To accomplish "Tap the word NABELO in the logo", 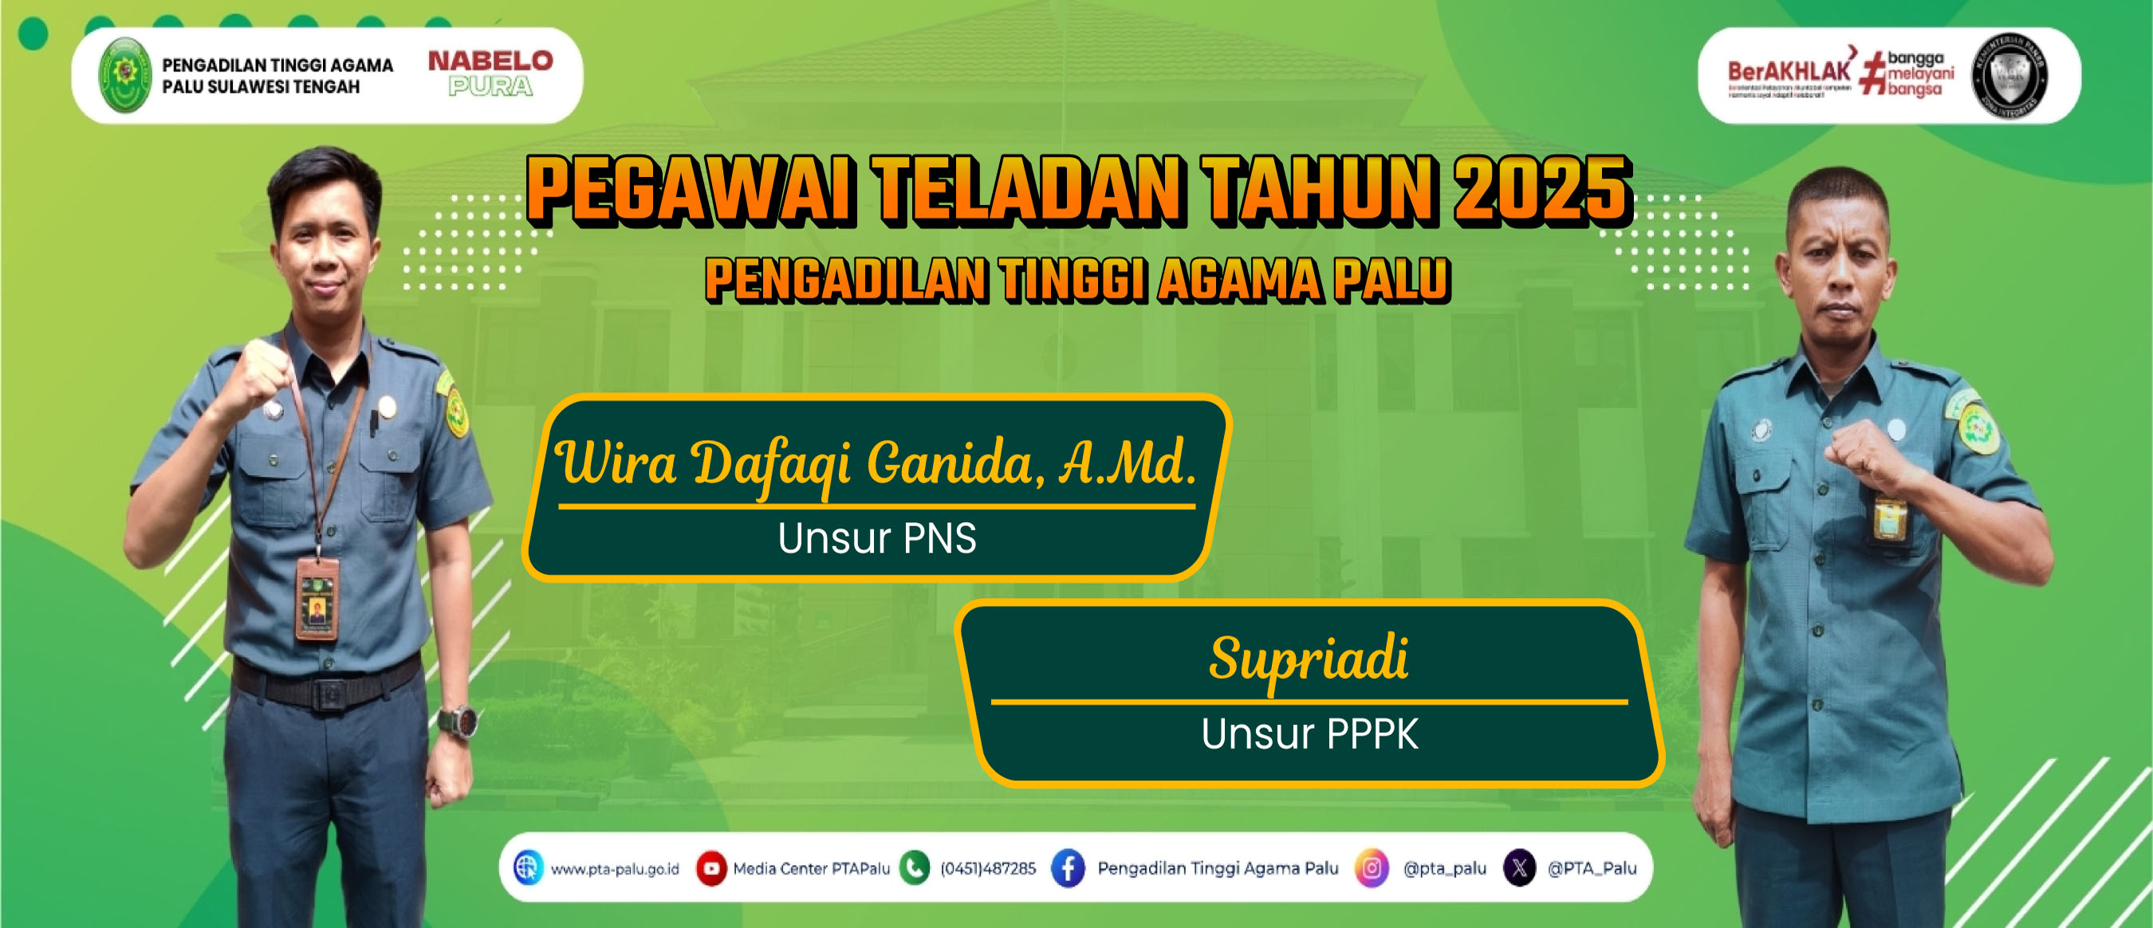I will pyautogui.click(x=490, y=61).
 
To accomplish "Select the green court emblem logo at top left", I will pyautogui.click(x=125, y=75).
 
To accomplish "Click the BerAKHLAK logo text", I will pyautogui.click(x=1789, y=73).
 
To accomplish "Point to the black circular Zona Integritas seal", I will pyautogui.click(x=2009, y=76).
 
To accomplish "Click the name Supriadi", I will pyautogui.click(x=1309, y=659).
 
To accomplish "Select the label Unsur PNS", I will pyautogui.click(x=876, y=539).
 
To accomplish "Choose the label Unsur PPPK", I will pyautogui.click(x=1309, y=734).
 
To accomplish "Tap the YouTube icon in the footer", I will pyautogui.click(x=711, y=868).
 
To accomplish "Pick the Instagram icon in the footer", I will pyautogui.click(x=1371, y=868).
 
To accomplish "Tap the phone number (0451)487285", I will pyautogui.click(x=988, y=869).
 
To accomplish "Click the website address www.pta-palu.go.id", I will pyautogui.click(x=614, y=869).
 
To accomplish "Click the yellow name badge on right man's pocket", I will pyautogui.click(x=1890, y=519).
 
